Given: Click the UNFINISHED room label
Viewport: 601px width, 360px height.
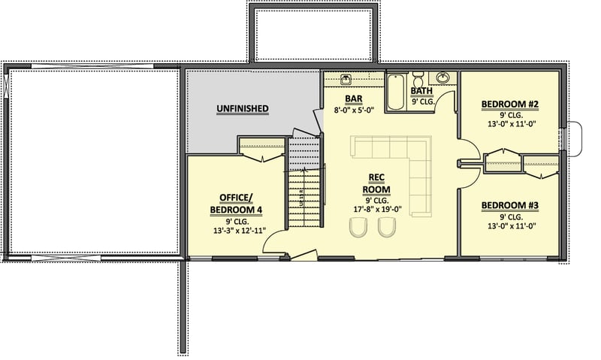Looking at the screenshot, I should coord(243,109).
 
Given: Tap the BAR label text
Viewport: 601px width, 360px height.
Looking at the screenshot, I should coord(355,98).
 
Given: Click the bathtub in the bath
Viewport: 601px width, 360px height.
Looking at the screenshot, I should coord(395,92).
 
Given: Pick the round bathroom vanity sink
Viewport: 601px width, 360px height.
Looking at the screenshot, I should coord(443,77).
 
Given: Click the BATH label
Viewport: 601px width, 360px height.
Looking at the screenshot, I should coord(421,92).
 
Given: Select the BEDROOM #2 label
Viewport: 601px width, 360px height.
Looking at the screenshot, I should coord(509,104).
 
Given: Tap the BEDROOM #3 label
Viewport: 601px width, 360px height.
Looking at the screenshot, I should coord(509,204).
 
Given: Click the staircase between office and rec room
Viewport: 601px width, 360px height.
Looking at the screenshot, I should coord(304,192).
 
